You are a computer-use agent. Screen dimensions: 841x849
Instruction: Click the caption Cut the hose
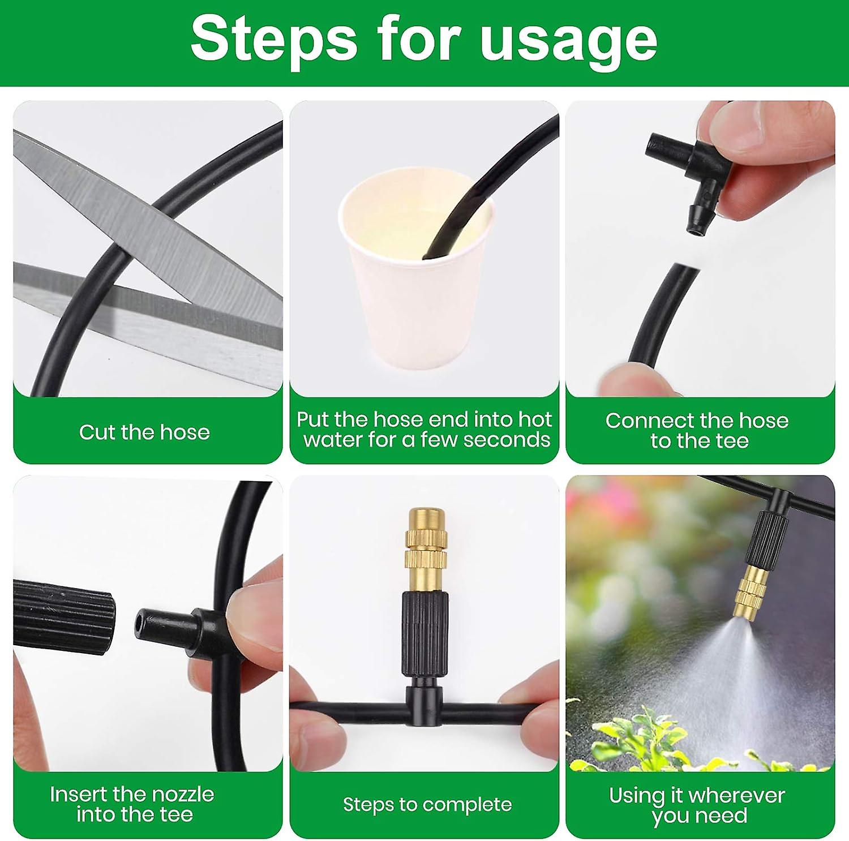point(144,432)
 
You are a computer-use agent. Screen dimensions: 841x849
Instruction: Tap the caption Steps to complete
point(427,804)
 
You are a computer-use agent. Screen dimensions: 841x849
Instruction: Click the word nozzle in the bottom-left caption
point(180,794)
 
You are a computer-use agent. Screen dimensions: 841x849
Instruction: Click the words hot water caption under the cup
point(424,430)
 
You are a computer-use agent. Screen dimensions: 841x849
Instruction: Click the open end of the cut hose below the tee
point(686,270)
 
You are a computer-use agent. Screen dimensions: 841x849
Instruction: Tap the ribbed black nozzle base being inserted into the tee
point(62,617)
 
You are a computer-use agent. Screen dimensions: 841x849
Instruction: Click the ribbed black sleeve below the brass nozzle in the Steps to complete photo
point(425,634)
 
